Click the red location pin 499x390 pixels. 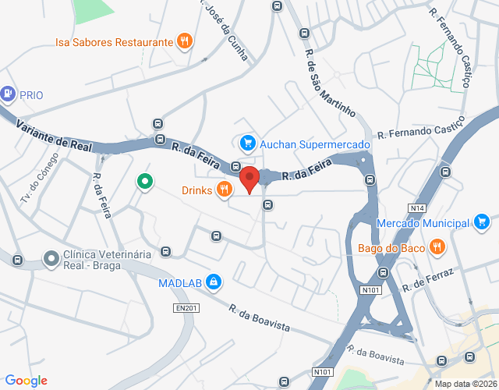click(x=249, y=179)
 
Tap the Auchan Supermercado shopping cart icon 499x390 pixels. click(x=247, y=143)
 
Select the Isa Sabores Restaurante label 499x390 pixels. click(x=114, y=41)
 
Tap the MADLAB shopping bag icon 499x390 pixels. click(x=214, y=282)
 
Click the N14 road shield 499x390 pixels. click(x=416, y=207)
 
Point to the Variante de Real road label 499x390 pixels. click(x=53, y=134)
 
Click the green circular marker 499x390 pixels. click(x=144, y=182)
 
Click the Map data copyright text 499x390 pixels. click(x=464, y=384)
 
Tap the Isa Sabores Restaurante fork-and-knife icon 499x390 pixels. click(x=184, y=41)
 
